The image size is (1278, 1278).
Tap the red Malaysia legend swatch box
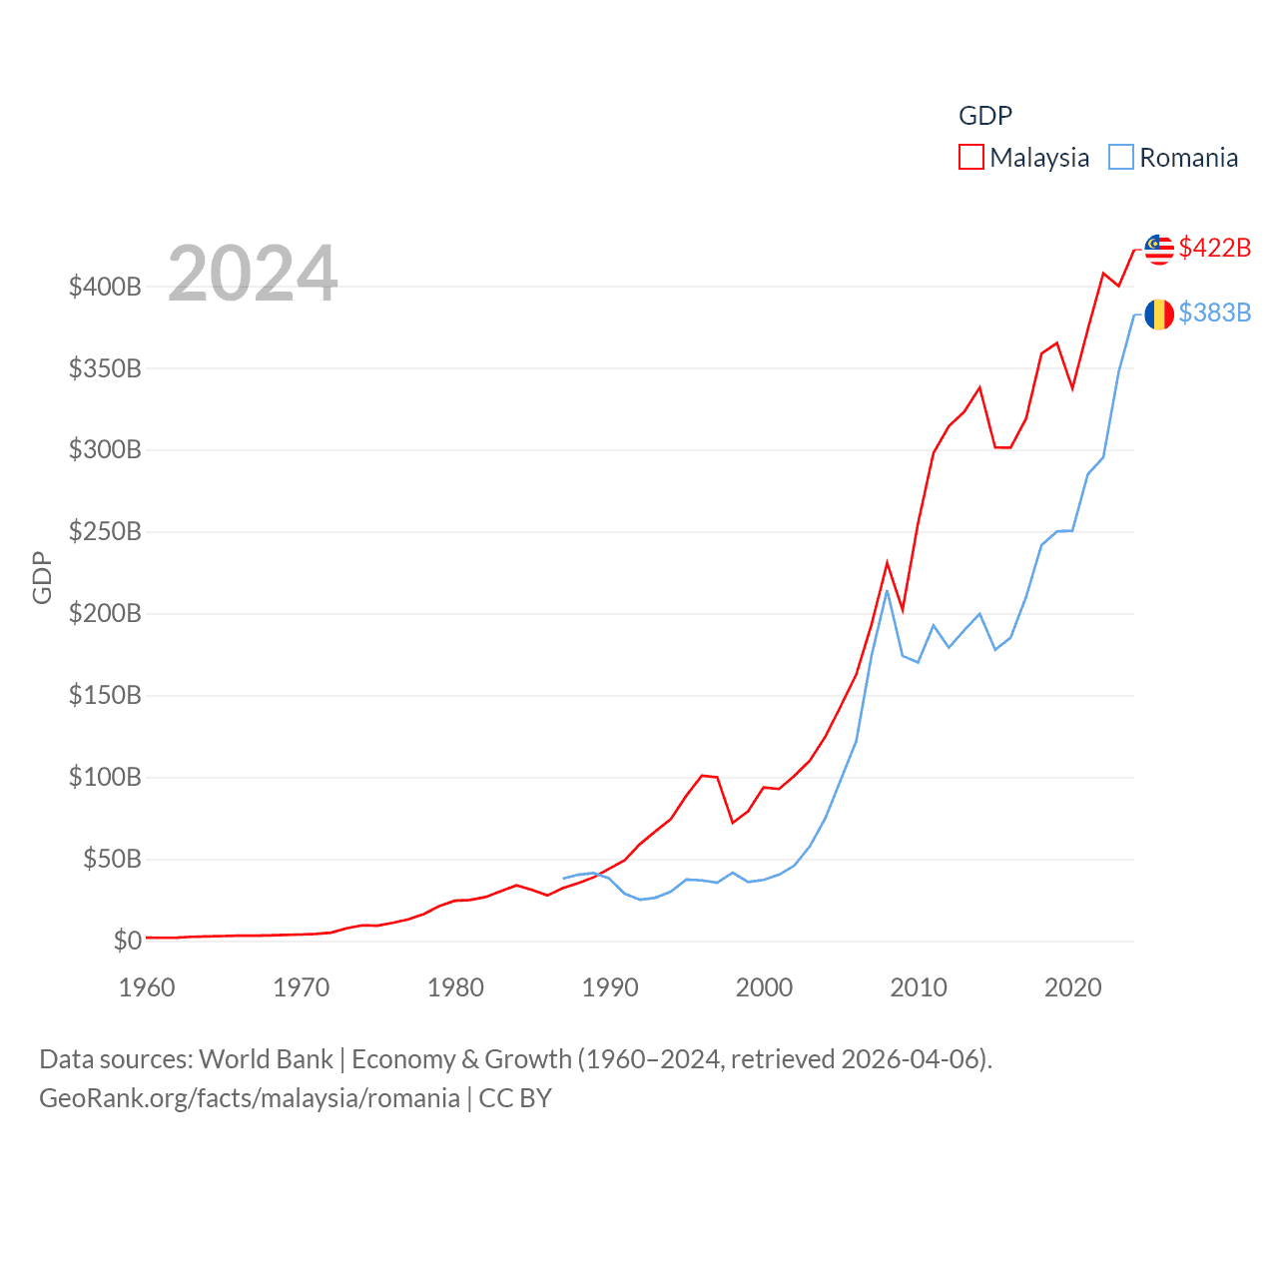[x=971, y=158]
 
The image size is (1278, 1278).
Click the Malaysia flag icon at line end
[x=1159, y=249]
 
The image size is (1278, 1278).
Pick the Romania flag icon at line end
[x=1159, y=314]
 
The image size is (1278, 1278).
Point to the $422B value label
[x=1214, y=248]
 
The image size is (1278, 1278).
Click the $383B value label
[x=1214, y=313]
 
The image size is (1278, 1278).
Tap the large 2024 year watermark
[x=253, y=274]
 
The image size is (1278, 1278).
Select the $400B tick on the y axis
[x=105, y=288]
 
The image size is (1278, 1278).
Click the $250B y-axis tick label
[x=105, y=532]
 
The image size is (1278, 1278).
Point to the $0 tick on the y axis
[x=127, y=941]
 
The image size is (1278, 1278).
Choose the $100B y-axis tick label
[x=105, y=777]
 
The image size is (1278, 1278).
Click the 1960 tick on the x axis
[x=147, y=987]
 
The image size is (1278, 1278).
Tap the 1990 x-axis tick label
[x=609, y=987]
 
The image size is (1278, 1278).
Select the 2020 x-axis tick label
[x=1072, y=987]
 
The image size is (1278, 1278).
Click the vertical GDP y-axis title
[x=42, y=577]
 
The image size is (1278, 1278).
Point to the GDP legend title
[x=985, y=116]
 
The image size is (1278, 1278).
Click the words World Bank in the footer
[x=267, y=1058]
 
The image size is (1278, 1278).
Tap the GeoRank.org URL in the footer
[x=250, y=1098]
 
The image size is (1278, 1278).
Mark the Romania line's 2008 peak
[x=887, y=591]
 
